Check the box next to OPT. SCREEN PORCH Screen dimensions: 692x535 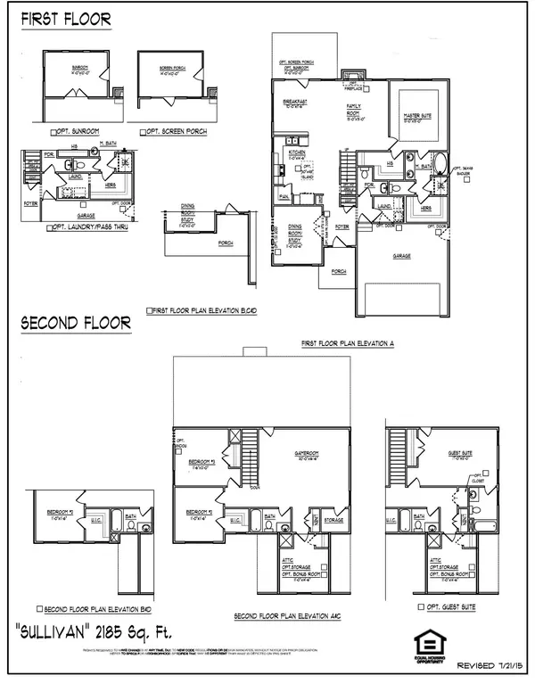click(144, 133)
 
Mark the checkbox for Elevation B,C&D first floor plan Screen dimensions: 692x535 click(148, 311)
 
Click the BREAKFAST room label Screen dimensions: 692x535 click(296, 103)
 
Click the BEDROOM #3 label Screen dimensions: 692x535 click(199, 463)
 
